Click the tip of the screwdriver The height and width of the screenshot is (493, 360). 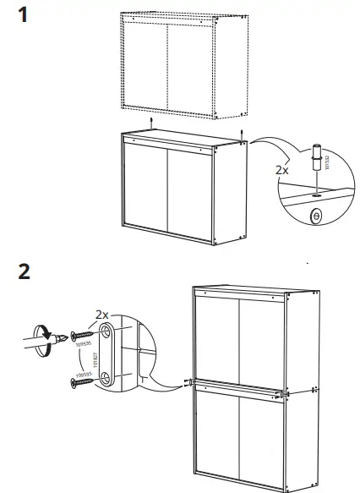[x=62, y=338]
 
